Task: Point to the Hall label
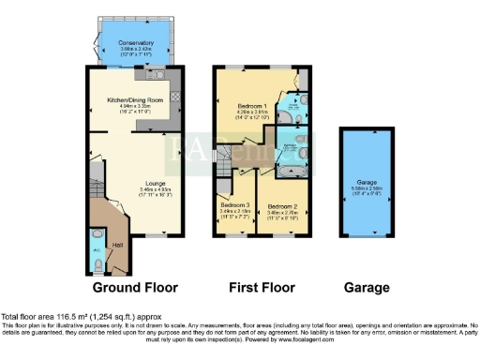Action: point(118,245)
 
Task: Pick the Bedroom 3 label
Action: point(235,204)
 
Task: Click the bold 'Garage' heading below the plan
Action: point(366,286)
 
